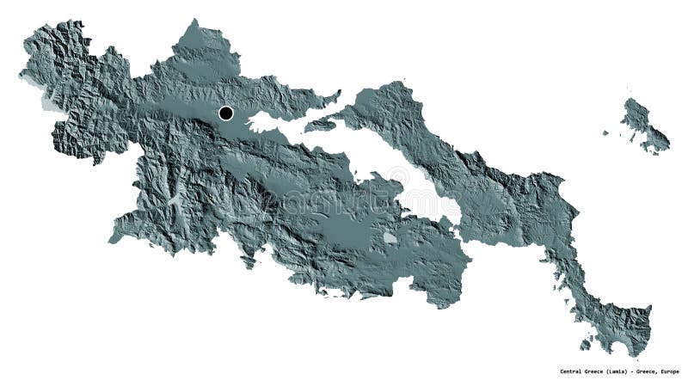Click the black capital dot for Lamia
226,113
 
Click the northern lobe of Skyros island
636,113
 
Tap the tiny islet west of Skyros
605,133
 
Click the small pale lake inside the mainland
390,236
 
